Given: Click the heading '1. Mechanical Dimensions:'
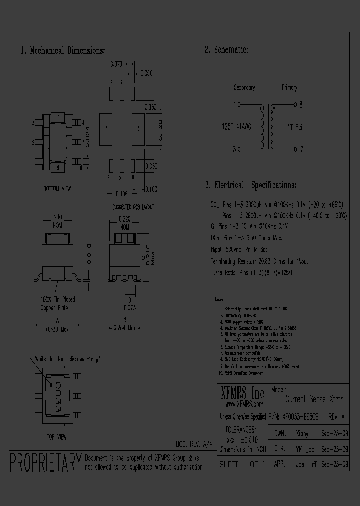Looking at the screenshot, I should (63, 51).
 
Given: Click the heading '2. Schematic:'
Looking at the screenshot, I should (226, 50).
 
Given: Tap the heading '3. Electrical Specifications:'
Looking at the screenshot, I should (250, 185).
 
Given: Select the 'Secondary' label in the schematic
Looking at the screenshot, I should (244, 88).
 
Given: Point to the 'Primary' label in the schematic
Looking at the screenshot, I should (289, 88).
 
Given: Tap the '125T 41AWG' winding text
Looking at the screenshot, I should (237, 127).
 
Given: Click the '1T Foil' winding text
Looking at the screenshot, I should (296, 127).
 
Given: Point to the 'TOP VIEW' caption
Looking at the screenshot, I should (57, 436).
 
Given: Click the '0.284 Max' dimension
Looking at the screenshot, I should (125, 328).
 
